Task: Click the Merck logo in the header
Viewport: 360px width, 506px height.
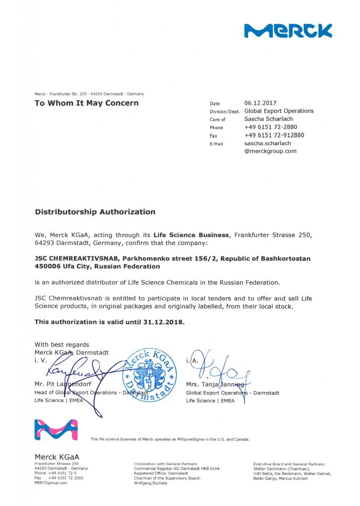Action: coord(288,31)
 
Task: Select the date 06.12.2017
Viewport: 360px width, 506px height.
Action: coord(260,103)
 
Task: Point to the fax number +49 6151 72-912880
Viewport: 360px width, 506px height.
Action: coord(274,135)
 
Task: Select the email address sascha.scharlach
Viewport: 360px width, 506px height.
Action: coord(268,143)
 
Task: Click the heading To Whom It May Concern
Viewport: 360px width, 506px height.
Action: coord(87,103)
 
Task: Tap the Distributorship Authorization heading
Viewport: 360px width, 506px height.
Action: coord(95,212)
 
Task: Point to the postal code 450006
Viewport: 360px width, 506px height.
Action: coord(48,266)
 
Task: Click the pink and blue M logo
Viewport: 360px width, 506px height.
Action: coord(56,430)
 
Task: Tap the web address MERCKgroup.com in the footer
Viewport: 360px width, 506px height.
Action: coord(51,483)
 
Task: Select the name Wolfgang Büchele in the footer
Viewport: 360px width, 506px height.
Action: coord(150,483)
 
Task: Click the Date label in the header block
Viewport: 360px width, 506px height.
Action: coord(215,104)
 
